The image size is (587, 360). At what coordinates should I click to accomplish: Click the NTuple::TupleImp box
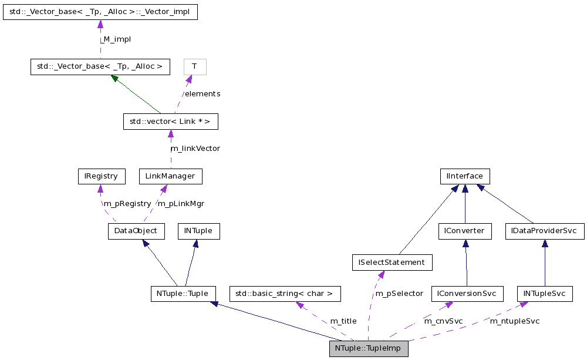point(368,348)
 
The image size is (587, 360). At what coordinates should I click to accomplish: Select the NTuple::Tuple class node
point(183,293)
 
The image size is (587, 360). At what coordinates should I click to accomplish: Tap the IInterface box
point(465,176)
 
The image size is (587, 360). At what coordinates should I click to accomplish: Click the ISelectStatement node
point(392,262)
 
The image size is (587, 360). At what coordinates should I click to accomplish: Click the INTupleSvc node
point(545,293)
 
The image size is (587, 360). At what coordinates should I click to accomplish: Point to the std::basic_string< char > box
point(284,293)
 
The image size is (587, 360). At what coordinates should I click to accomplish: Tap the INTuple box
point(198,231)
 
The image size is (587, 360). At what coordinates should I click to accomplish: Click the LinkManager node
point(170,176)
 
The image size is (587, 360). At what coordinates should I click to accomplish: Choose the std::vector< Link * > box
point(170,122)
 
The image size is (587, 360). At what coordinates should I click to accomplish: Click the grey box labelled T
point(194,66)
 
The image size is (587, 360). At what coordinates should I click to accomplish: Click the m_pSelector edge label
point(399,293)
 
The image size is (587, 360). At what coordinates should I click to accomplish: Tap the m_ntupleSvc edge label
point(515,321)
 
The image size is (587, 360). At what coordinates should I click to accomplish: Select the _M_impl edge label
point(115,39)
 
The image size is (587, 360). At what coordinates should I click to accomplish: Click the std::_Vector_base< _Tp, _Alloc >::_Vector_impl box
point(100,12)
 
